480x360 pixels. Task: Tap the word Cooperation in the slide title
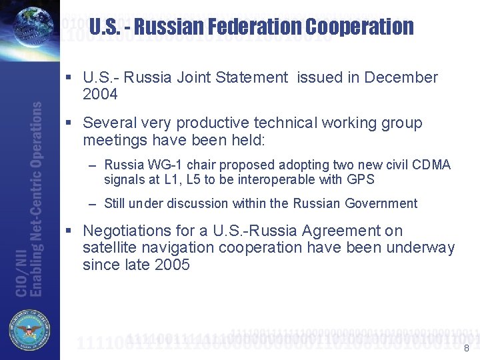[x=360, y=27]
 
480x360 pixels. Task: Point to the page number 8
[x=466, y=348]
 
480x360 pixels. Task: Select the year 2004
[x=100, y=95]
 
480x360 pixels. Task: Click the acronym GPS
[x=361, y=179]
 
